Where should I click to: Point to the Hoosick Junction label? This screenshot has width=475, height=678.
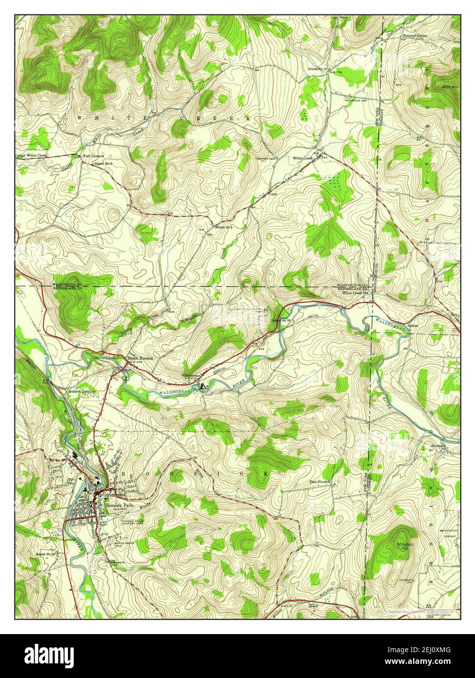tap(82, 391)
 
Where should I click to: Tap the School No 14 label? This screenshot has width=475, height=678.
tap(47, 555)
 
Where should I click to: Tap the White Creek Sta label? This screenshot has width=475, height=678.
tap(355, 293)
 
